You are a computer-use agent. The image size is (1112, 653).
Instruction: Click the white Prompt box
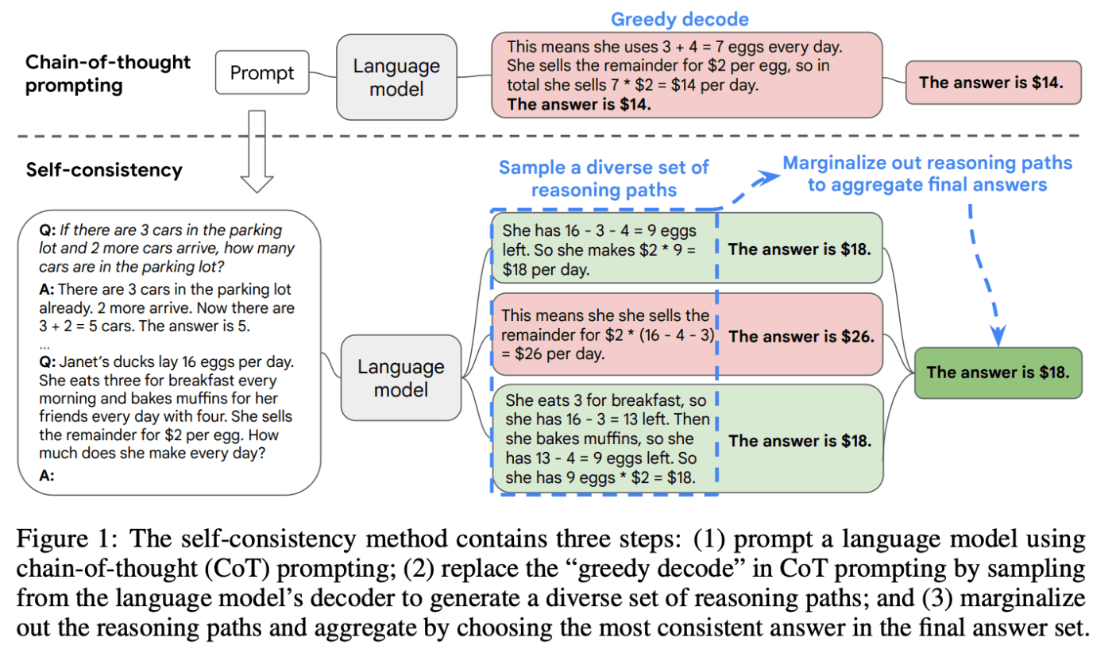point(262,72)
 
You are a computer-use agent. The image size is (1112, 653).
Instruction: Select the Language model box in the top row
point(396,77)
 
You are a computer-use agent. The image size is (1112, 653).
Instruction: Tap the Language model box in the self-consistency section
point(401,378)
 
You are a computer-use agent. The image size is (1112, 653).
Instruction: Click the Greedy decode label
point(680,19)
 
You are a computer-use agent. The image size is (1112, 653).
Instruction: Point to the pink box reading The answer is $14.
point(994,83)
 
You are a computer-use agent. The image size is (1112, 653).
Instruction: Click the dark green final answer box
point(998,373)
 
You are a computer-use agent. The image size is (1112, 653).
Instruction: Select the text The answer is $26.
point(801,337)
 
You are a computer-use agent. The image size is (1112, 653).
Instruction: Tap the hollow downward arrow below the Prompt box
point(257,152)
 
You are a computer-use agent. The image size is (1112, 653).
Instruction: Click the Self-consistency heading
point(104,170)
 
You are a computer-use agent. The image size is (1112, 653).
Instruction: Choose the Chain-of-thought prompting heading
point(108,74)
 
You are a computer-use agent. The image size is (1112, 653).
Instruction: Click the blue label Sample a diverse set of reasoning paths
point(604,179)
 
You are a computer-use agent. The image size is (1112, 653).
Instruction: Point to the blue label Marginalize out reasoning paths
point(928,174)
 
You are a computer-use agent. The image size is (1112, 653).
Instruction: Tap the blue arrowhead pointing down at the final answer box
point(998,336)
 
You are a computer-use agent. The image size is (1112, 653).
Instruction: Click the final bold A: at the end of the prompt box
point(47,476)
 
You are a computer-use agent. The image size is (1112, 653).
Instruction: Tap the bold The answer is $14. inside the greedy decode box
point(579,105)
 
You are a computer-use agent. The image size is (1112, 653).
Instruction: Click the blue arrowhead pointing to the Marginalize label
point(767,178)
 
